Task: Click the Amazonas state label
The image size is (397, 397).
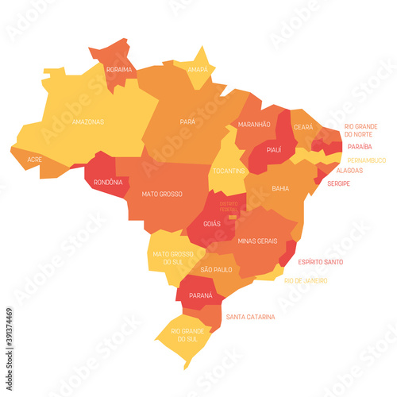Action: tap(87, 122)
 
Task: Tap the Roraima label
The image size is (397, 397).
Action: tap(119, 69)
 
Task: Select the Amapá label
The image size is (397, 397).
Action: tap(198, 69)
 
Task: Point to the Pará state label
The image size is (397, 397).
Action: tap(187, 122)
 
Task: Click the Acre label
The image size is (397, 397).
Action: tap(35, 160)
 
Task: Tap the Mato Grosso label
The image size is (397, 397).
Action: tap(162, 194)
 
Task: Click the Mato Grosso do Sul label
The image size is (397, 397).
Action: tap(168, 259)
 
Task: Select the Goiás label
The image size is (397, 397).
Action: tap(211, 225)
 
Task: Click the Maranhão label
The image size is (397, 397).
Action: tap(253, 125)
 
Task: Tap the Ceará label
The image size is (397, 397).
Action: tap(303, 126)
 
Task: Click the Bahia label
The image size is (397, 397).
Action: tap(280, 188)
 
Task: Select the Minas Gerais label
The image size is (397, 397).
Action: tap(257, 240)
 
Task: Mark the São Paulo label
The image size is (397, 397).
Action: tap(216, 270)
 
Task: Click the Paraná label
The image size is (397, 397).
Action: tap(200, 296)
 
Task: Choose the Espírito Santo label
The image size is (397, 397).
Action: tap(321, 261)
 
